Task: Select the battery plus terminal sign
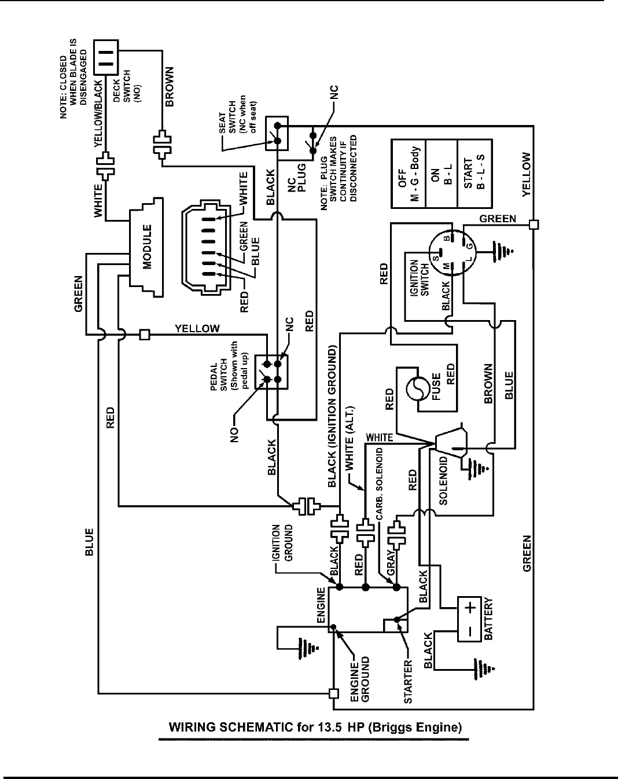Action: click(x=470, y=609)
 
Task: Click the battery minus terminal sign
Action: click(x=470, y=631)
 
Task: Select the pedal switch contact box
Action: click(x=272, y=372)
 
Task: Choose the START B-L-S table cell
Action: click(x=474, y=174)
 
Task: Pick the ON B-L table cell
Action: click(x=441, y=174)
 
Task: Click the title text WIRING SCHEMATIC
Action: click(x=315, y=727)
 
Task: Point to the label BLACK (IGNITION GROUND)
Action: click(x=332, y=417)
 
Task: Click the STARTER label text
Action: click(x=409, y=681)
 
